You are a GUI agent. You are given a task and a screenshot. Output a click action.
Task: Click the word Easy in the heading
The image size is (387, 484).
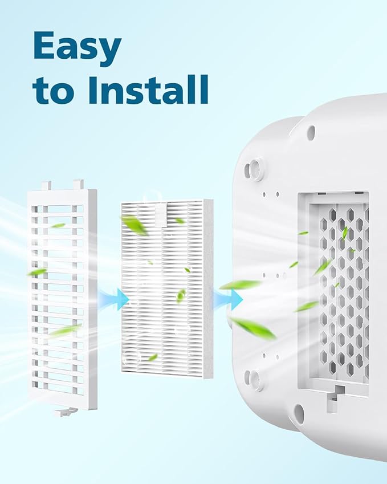(77, 50)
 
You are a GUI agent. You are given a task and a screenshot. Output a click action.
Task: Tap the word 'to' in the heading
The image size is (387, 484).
(54, 91)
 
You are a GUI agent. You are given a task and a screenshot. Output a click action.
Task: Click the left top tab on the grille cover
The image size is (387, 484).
(46, 186)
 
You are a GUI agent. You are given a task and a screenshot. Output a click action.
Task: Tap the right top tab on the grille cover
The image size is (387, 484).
(78, 184)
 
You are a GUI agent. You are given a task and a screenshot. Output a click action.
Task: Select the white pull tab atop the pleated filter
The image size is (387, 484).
(161, 214)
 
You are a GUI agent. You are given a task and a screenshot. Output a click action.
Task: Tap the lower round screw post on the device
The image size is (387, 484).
(252, 379)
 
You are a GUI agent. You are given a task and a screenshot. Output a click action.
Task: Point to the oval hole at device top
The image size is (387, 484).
(311, 131)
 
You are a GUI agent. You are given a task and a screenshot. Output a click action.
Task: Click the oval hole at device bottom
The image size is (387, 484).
(298, 413)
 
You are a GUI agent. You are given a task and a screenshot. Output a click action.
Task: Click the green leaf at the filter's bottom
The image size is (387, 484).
(152, 357)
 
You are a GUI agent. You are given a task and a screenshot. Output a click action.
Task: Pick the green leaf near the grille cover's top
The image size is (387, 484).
(58, 225)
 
